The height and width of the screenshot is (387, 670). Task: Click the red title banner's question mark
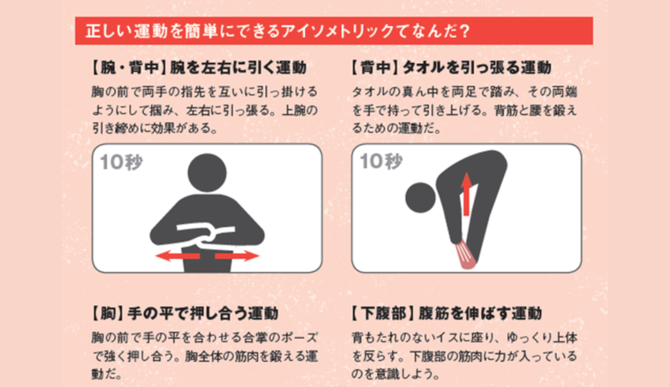tap(465, 31)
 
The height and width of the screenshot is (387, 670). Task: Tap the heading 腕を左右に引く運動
tap(238, 67)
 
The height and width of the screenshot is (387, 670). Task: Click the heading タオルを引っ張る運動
tap(477, 67)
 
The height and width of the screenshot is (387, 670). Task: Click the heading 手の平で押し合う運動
tap(203, 314)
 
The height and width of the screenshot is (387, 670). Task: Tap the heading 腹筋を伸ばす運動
tap(480, 314)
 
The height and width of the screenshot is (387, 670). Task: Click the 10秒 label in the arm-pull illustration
tap(121, 162)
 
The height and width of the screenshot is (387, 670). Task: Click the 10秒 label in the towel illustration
tap(381, 161)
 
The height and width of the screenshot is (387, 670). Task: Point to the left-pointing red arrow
tap(178, 256)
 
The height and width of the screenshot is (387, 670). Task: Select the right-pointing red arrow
tap(237, 256)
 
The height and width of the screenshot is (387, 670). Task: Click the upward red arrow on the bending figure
tap(466, 193)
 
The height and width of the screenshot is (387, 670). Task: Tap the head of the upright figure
tap(207, 173)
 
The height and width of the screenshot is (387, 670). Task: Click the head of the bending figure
tap(421, 198)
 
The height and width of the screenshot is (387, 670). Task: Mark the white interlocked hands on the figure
tap(205, 235)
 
